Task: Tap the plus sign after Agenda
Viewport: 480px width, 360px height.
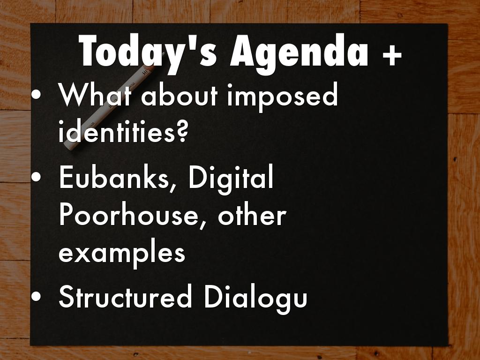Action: (392, 55)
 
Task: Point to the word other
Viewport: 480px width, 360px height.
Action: (252, 215)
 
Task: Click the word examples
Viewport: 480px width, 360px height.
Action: (122, 253)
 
